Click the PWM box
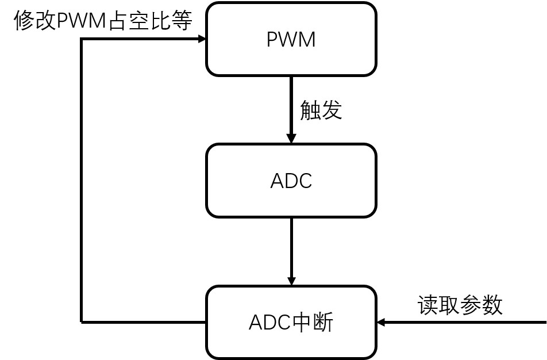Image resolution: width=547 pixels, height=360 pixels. tap(291, 39)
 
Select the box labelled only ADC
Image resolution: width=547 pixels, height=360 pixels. tap(291, 181)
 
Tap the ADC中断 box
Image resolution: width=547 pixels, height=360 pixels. tap(291, 322)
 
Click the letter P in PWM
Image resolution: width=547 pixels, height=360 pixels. tap(272, 40)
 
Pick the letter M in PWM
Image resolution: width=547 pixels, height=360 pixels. tap(307, 40)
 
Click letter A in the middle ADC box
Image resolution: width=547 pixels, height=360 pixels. tap(277, 181)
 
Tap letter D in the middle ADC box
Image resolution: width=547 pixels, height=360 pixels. tap(291, 181)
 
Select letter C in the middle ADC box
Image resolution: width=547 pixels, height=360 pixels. tap(305, 181)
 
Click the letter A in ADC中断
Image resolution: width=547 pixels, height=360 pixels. tap(255, 323)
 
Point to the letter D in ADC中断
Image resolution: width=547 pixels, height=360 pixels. tap(269, 323)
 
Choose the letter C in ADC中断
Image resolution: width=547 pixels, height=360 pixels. tap(284, 323)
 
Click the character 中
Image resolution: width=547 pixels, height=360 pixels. tap(302, 323)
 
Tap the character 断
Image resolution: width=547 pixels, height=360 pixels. tap(323, 323)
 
